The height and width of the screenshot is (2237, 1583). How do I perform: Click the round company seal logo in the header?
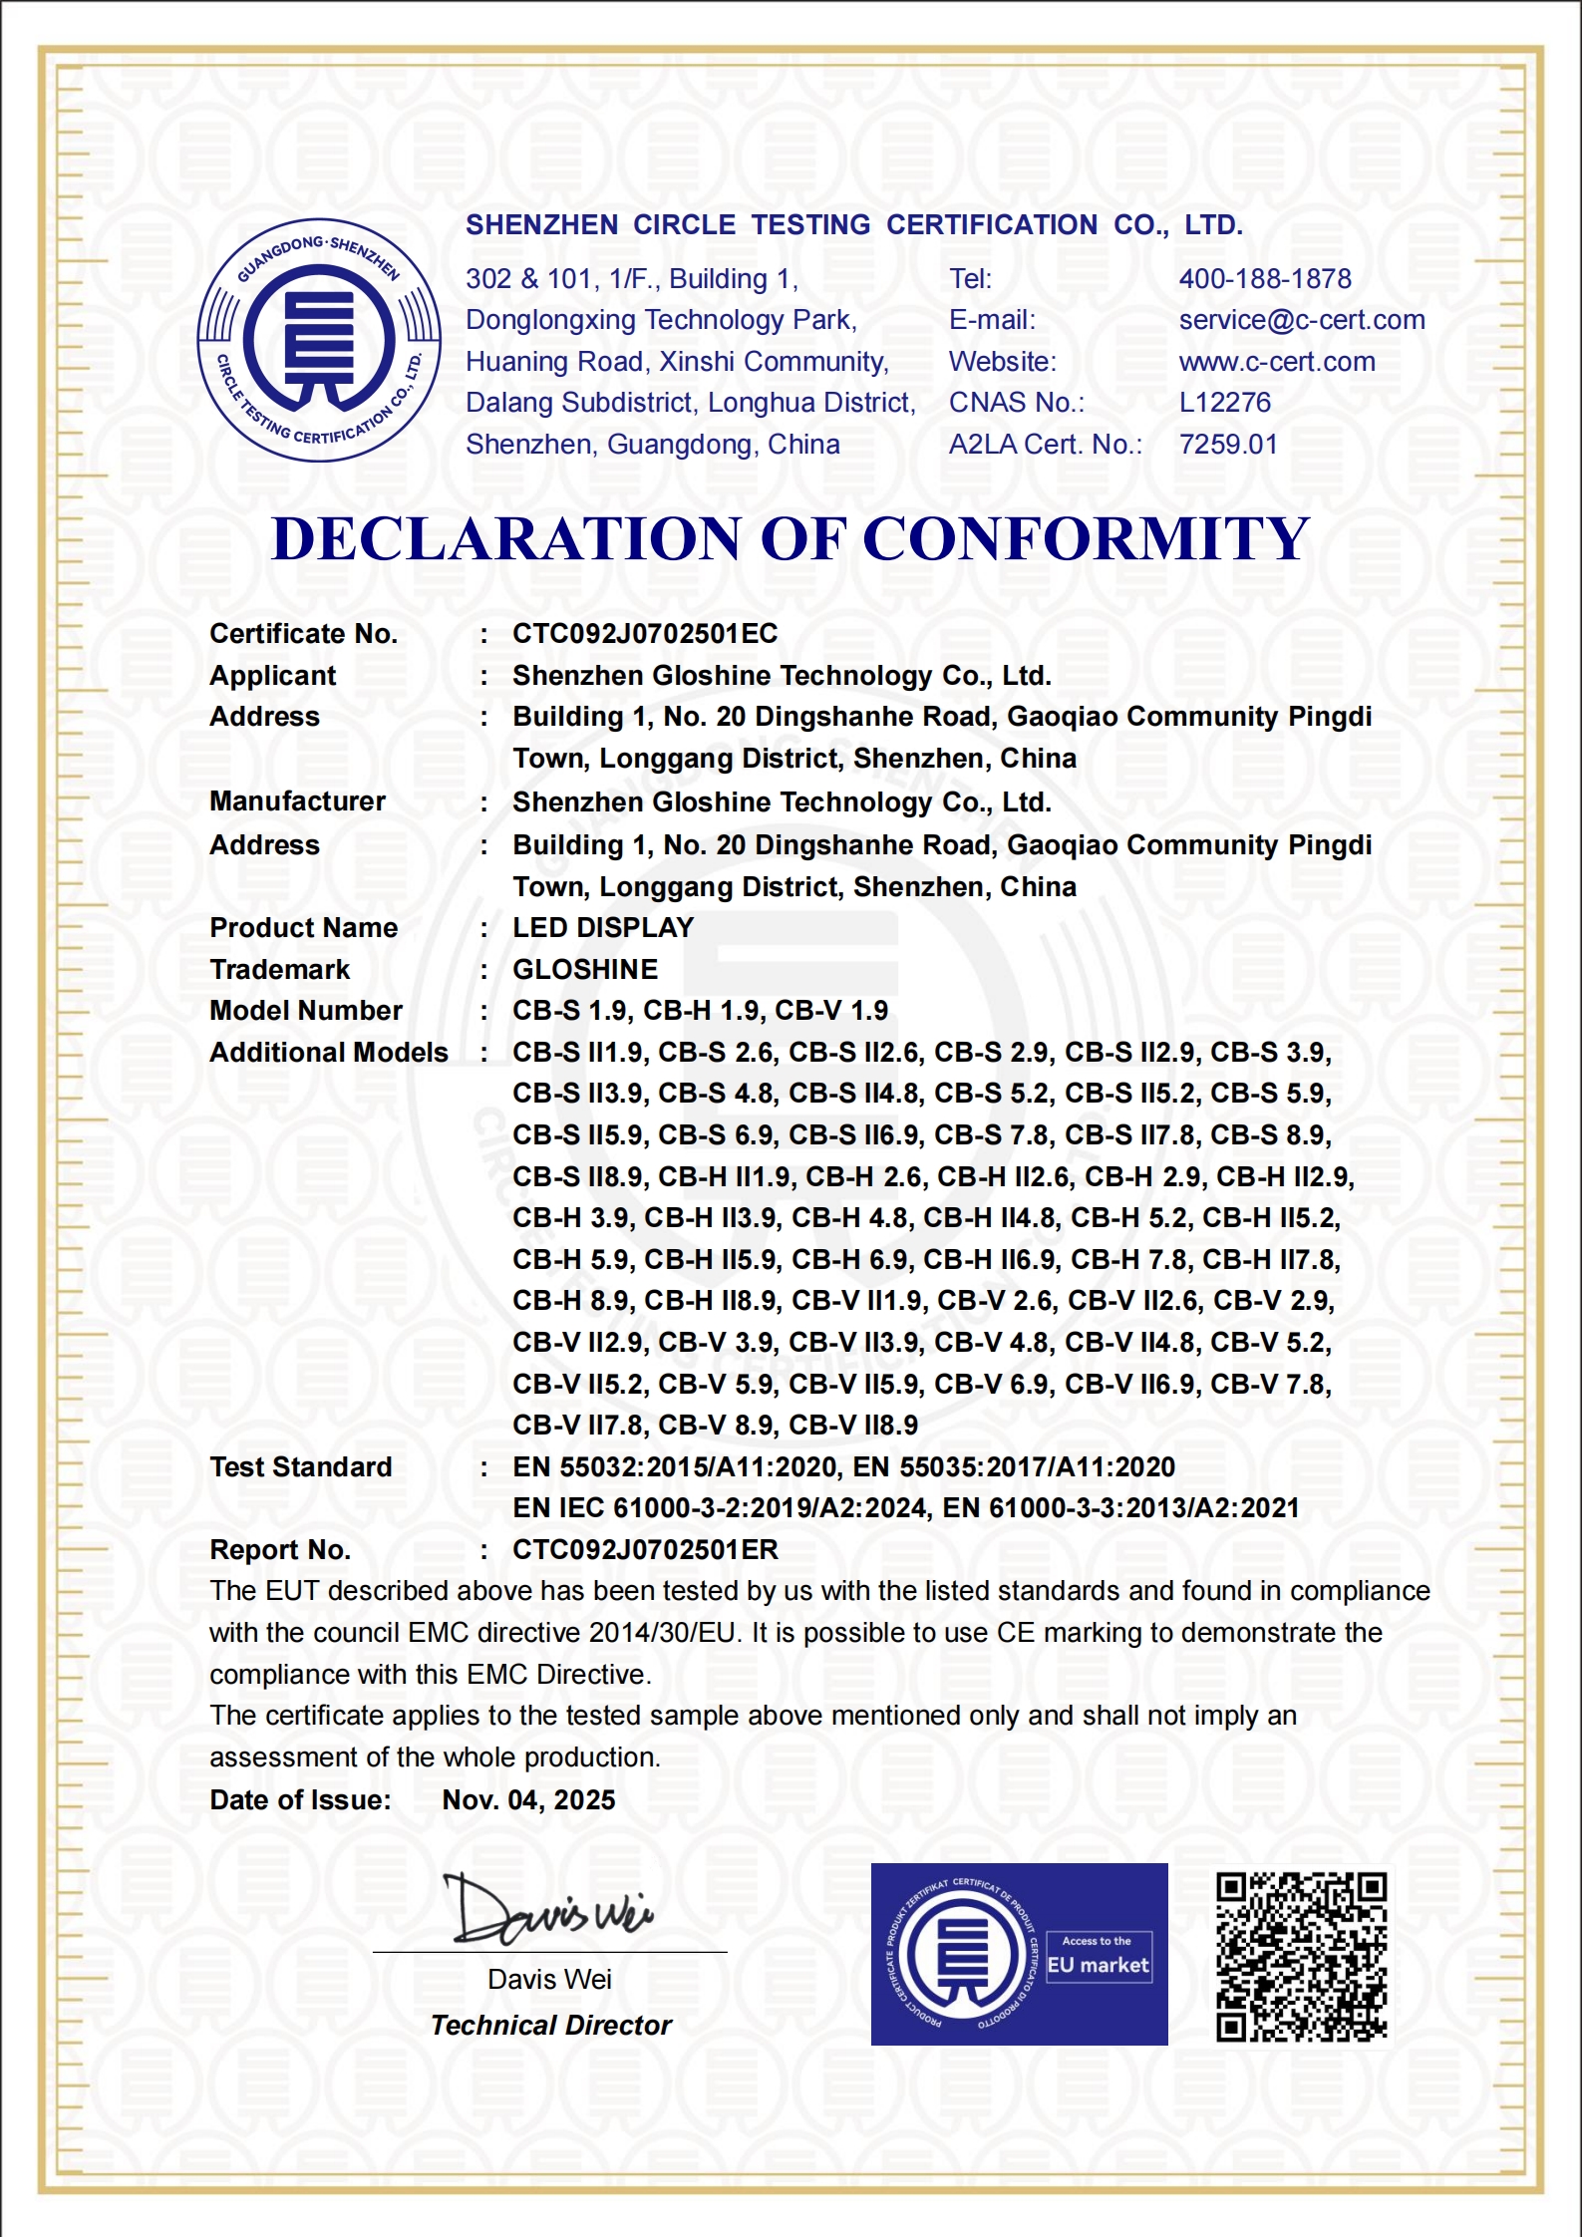pyautogui.click(x=319, y=340)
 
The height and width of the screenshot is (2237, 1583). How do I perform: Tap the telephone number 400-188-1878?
pyautogui.click(x=1265, y=279)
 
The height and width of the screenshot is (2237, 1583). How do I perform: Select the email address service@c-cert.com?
pyautogui.click(x=1302, y=320)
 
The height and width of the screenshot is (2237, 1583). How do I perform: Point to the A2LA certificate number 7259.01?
pyautogui.click(x=1228, y=445)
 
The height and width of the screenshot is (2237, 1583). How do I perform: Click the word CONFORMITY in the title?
pyautogui.click(x=1086, y=539)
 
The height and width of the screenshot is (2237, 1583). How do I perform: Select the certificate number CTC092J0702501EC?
pyautogui.click(x=645, y=634)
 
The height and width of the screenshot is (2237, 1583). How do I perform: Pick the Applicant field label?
pyautogui.click(x=273, y=676)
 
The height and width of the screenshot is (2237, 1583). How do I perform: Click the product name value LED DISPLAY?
pyautogui.click(x=603, y=928)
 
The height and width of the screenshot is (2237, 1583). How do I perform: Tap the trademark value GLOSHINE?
pyautogui.click(x=585, y=970)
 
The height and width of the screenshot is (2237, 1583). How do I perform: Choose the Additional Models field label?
pyautogui.click(x=329, y=1053)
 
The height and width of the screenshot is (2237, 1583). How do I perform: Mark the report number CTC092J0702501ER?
pyautogui.click(x=646, y=1550)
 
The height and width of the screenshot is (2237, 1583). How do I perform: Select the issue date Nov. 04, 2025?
pyautogui.click(x=529, y=1800)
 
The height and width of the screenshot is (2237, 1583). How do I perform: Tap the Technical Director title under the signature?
pyautogui.click(x=551, y=2026)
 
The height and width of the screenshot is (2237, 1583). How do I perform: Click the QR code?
pyautogui.click(x=1301, y=1957)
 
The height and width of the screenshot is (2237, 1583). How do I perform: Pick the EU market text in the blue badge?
pyautogui.click(x=1098, y=1965)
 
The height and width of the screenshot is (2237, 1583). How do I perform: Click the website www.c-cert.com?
pyautogui.click(x=1277, y=362)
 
